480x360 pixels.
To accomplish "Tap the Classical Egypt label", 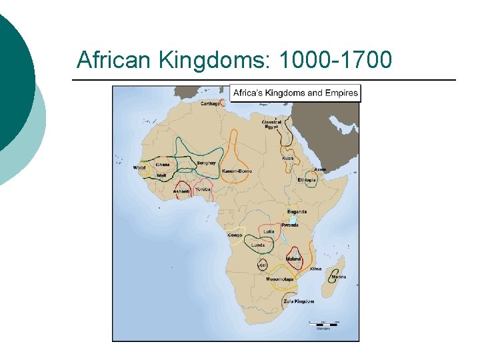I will [x=271, y=125].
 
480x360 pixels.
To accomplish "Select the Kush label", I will [x=287, y=158].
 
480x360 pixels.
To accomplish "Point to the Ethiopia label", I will [x=307, y=180].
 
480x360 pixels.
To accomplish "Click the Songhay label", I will [x=206, y=163].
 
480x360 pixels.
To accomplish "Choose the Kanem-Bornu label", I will [x=237, y=171].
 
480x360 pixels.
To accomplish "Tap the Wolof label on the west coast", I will [x=139, y=167].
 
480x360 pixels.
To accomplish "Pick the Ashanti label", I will [x=181, y=191].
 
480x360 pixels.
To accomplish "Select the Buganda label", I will [x=297, y=211].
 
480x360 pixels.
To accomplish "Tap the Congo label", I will [x=235, y=235].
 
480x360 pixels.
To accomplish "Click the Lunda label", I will [x=257, y=245].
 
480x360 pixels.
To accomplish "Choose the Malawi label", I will [x=293, y=259].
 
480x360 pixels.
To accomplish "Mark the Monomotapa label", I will [x=279, y=279].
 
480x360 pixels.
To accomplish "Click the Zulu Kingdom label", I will [x=298, y=301].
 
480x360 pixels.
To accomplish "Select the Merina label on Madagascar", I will [x=339, y=277].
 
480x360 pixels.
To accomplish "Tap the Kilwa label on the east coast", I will [x=315, y=269].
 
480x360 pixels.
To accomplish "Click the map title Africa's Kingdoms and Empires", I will [x=295, y=93].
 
